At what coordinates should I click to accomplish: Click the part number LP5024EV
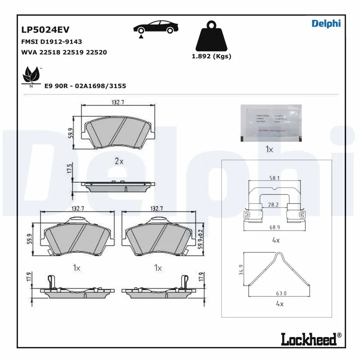coord(45,30)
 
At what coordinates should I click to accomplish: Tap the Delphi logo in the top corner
coord(326,23)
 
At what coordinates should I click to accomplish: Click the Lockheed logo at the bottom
coord(311,339)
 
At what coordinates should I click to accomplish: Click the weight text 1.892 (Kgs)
coord(211,57)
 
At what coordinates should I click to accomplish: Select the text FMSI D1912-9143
coord(52,41)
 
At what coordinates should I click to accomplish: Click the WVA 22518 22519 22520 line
coord(64,52)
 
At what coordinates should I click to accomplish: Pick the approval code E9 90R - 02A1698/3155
coord(85,85)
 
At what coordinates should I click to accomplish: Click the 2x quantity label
coord(118,161)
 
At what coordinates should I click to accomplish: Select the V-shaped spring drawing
coord(279,270)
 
